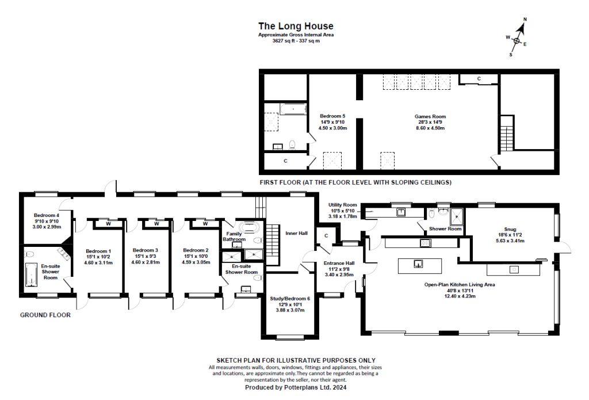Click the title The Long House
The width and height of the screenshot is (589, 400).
tap(296, 26)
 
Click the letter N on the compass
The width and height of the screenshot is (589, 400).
tap(525, 19)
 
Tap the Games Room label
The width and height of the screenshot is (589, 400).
tap(430, 116)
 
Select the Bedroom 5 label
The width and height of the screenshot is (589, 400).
tap(332, 116)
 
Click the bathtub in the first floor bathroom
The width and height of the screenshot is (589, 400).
tap(293, 109)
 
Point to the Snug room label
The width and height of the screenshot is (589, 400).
tap(510, 229)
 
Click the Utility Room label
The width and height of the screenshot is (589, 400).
tap(343, 205)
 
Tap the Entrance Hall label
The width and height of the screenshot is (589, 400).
tap(339, 263)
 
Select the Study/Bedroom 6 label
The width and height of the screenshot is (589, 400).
tap(290, 299)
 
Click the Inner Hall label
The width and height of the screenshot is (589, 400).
tap(296, 233)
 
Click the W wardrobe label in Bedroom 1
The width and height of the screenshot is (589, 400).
tap(108, 224)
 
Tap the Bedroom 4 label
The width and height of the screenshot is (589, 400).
tap(47, 215)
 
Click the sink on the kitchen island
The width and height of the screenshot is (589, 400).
tap(418, 264)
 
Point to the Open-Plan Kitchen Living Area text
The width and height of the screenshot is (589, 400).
tap(460, 284)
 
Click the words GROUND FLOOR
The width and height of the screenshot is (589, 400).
tap(45, 315)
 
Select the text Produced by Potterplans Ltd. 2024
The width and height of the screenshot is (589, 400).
tap(296, 387)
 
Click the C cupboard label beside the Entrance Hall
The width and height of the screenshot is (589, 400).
tap(326, 236)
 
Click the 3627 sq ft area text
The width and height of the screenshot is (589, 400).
tap(296, 41)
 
